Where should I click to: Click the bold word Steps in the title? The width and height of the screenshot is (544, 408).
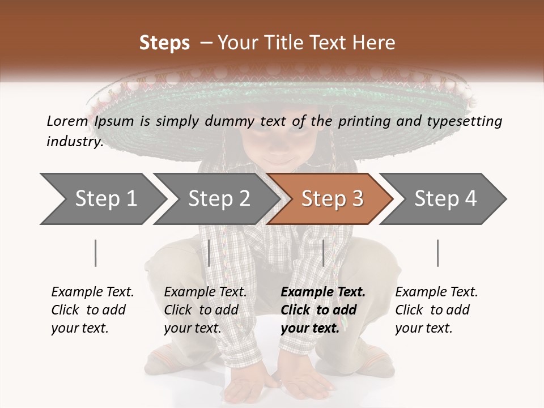tap(164, 43)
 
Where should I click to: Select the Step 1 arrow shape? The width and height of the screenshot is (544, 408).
tap(102, 199)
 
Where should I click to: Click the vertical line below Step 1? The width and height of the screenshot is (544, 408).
tap(95, 253)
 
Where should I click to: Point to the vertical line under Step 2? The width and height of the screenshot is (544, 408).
tap(209, 253)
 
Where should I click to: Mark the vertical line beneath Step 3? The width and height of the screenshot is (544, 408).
tap(323, 253)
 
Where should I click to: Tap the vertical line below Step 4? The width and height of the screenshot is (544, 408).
tap(437, 253)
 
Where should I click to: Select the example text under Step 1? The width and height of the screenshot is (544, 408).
tap(92, 310)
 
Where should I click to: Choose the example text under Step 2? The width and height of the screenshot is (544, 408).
tap(205, 310)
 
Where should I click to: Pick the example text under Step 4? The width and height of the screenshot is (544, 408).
tap(436, 310)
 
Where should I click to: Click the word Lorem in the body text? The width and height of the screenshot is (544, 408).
tap(67, 121)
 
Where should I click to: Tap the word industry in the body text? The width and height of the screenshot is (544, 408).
tap(74, 141)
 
